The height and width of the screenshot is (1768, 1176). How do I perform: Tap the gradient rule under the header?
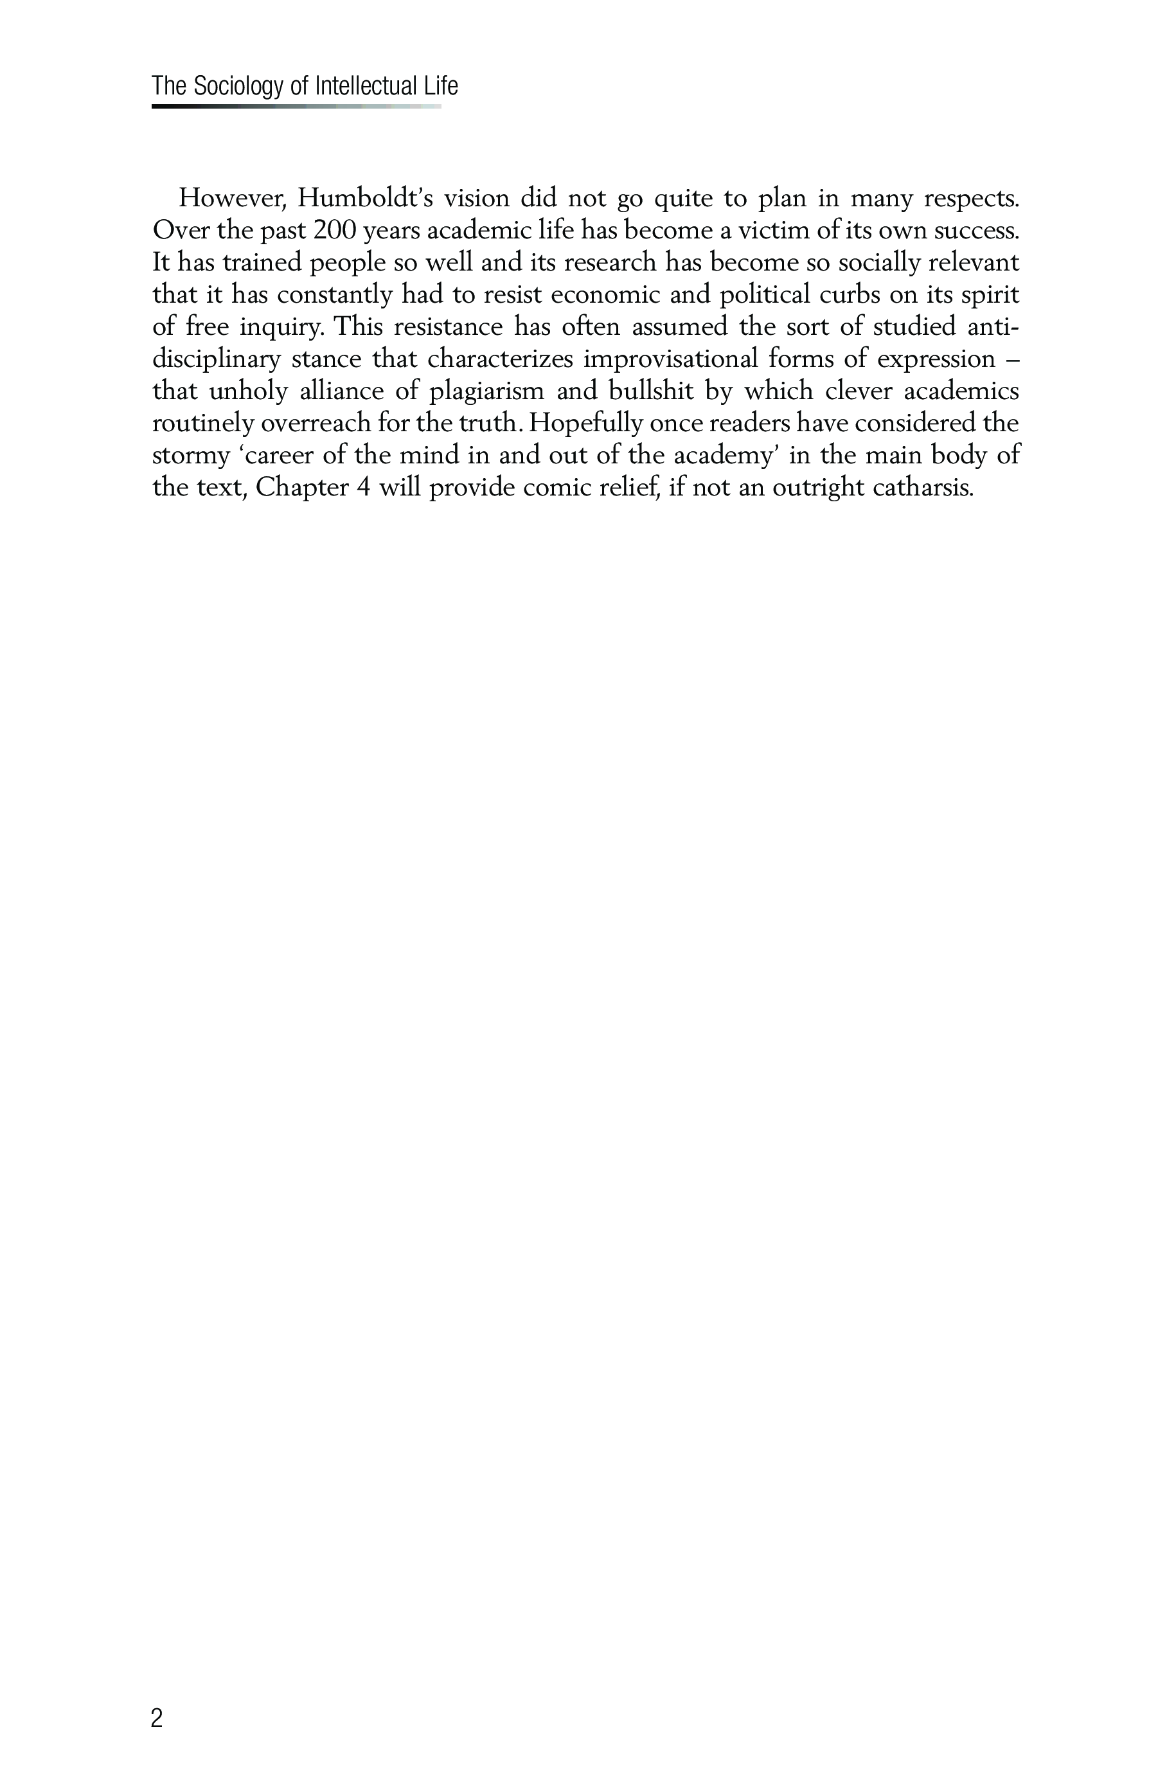pos(296,107)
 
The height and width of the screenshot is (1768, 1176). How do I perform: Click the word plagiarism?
pos(486,391)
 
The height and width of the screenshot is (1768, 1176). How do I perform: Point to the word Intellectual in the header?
pos(364,87)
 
